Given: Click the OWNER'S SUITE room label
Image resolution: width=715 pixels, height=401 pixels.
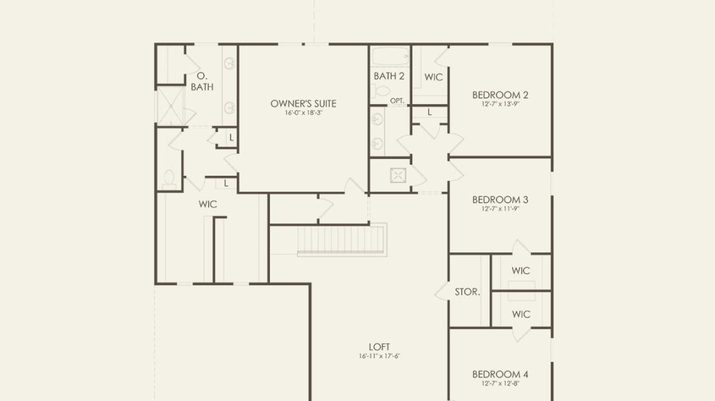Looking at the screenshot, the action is pyautogui.click(x=303, y=104).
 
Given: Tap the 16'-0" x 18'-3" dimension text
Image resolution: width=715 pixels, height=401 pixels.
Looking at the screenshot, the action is pyautogui.click(x=303, y=113).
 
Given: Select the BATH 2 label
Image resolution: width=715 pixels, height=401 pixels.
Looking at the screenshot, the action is pyautogui.click(x=389, y=76).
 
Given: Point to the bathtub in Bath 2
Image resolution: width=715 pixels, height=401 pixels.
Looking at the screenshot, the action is pyautogui.click(x=390, y=57).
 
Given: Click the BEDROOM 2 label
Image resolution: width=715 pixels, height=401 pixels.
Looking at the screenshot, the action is pyautogui.click(x=500, y=95).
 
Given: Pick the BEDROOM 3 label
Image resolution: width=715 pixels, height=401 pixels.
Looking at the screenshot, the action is pyautogui.click(x=500, y=200).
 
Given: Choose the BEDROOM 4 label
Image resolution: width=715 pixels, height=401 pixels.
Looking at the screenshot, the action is pyautogui.click(x=500, y=374).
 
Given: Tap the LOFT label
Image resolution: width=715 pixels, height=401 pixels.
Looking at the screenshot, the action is pyautogui.click(x=379, y=347).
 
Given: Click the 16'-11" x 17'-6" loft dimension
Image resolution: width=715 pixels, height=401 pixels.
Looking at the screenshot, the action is pyautogui.click(x=379, y=356).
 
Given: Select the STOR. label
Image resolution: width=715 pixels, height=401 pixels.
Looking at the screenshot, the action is pyautogui.click(x=468, y=292).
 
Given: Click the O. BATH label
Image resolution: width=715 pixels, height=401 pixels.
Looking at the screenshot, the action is pyautogui.click(x=202, y=81).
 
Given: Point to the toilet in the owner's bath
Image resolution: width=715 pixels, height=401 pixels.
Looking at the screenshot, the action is pyautogui.click(x=169, y=180).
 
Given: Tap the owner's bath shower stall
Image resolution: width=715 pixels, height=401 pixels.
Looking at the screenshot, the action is pyautogui.click(x=171, y=106).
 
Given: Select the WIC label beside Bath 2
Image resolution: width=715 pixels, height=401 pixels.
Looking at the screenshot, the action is pyautogui.click(x=434, y=77).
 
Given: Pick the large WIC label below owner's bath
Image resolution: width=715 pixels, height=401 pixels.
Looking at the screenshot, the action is pyautogui.click(x=207, y=204).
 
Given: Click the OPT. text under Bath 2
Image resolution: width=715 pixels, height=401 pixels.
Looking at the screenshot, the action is pyautogui.click(x=397, y=100).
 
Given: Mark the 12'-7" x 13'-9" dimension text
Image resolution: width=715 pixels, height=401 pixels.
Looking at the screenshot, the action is pyautogui.click(x=500, y=104).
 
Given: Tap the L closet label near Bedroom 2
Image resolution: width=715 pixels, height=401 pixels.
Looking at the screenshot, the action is pyautogui.click(x=430, y=112).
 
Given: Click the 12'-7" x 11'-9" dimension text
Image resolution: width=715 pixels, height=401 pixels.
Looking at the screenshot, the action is pyautogui.click(x=500, y=209).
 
